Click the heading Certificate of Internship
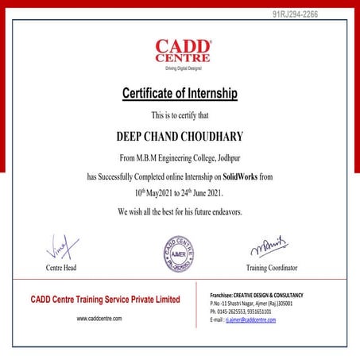(x=180, y=94)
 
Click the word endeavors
(x=220, y=212)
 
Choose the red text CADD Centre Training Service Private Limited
(x=106, y=300)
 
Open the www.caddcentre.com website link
(x=99, y=318)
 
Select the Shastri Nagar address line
(x=251, y=304)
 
